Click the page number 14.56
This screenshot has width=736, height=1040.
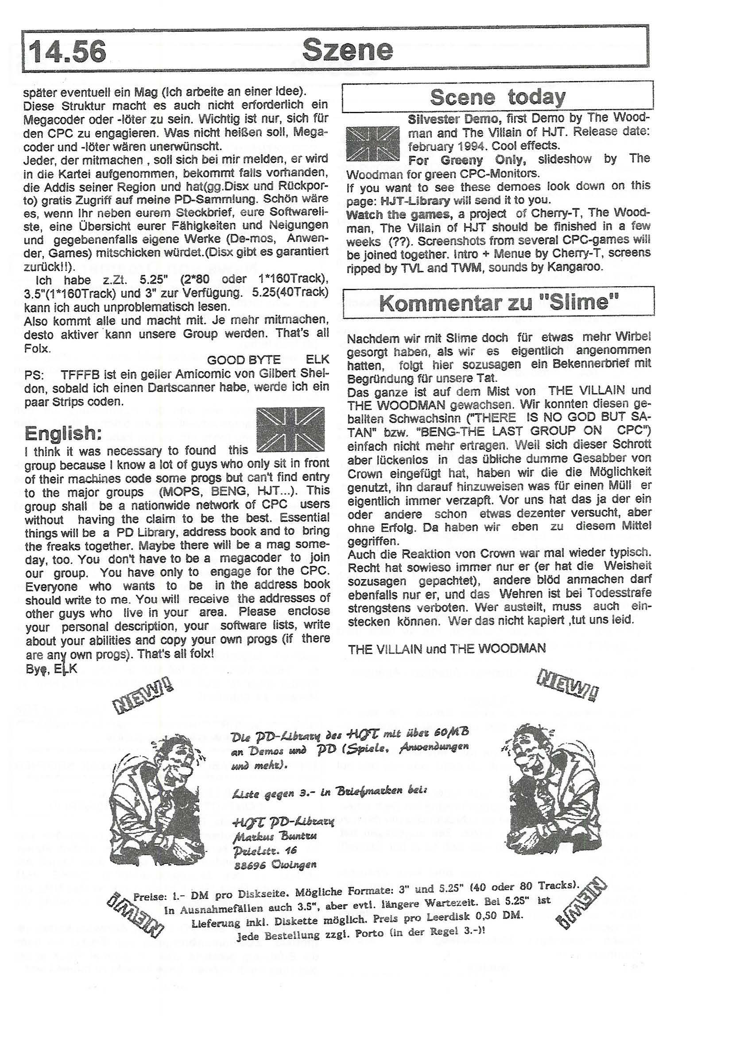pos(68,52)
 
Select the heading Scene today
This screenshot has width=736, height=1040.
pos(497,96)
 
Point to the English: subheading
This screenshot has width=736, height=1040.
pos(63,434)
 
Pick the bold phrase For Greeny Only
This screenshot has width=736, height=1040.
pos(468,160)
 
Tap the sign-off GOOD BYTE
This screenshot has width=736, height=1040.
pos(244,360)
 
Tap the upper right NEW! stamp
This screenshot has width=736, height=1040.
pos(567,683)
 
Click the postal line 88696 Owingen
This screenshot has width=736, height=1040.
pos(275,864)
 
